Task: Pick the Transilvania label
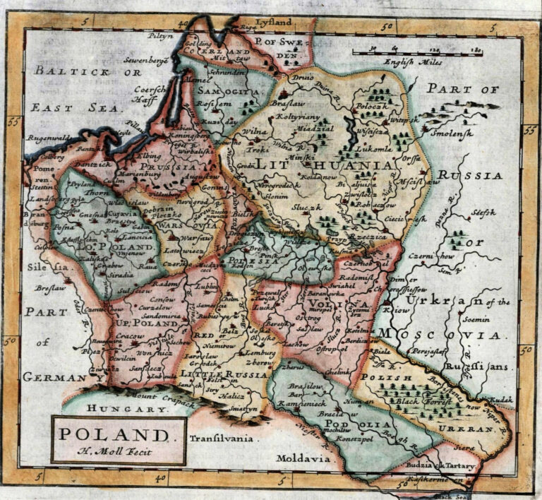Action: [x=221, y=439]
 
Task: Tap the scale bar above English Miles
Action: [x=418, y=52]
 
